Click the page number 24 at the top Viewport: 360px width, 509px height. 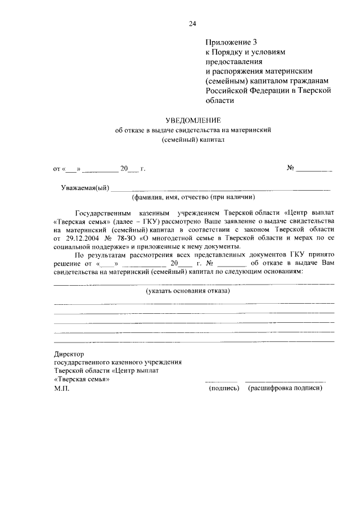coord(192,23)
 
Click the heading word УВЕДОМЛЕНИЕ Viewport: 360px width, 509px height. coord(193,120)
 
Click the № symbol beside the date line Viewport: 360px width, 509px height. coord(291,168)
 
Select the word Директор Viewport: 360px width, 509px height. coord(69,354)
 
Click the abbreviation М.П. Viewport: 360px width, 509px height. coord(61,388)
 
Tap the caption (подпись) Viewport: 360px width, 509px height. coord(224,388)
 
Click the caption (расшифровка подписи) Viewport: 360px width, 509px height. coord(285,388)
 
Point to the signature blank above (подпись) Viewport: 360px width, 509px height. coord(221,381)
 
